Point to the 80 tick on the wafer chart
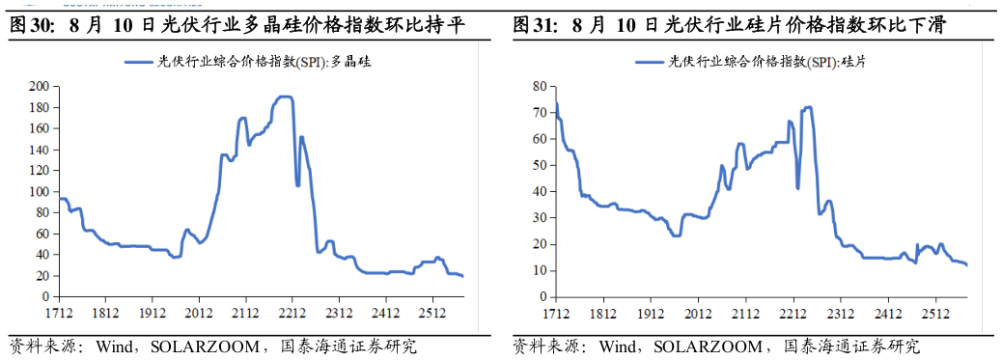coord(541,86)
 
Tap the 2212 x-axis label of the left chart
coord(292,314)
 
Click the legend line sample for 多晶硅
coord(139,62)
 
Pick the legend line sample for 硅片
coord(651,62)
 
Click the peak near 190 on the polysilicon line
coord(285,97)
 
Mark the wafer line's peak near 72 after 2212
coord(808,107)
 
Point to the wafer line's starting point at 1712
coord(556,103)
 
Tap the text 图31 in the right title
coord(528,26)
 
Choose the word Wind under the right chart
coord(617,346)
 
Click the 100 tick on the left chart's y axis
coord(42,192)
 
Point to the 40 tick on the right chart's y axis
coord(541,192)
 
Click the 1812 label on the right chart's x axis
coord(603,314)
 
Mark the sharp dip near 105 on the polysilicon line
coord(297,185)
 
